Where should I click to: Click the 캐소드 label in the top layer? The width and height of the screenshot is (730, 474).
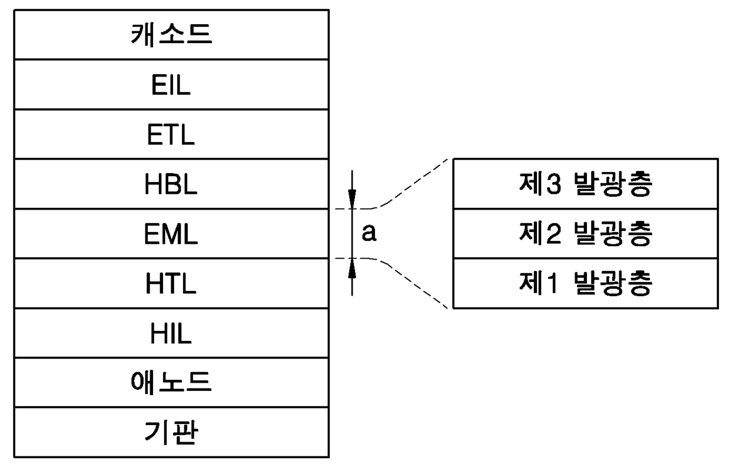(171, 35)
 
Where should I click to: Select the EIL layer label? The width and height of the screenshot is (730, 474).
(171, 85)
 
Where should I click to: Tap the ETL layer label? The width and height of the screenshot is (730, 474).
(171, 134)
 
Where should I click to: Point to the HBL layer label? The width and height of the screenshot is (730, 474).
(171, 184)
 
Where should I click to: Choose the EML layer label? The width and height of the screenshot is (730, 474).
(171, 234)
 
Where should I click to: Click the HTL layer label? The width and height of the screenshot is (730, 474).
(171, 283)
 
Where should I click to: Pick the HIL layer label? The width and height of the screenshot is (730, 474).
(171, 333)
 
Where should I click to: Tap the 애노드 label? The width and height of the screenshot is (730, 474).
(171, 382)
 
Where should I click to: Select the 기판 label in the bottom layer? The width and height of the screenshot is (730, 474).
(171, 432)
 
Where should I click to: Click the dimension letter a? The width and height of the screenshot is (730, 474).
(369, 233)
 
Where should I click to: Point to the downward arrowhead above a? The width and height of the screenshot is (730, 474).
(352, 199)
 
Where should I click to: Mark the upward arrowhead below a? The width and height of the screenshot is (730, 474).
(352, 269)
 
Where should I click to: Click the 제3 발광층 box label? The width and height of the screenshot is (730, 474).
(586, 184)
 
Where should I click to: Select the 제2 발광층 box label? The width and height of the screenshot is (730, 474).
(586, 234)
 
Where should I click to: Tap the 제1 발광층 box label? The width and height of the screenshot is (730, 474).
(586, 283)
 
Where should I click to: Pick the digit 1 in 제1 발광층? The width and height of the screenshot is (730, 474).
(552, 283)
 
